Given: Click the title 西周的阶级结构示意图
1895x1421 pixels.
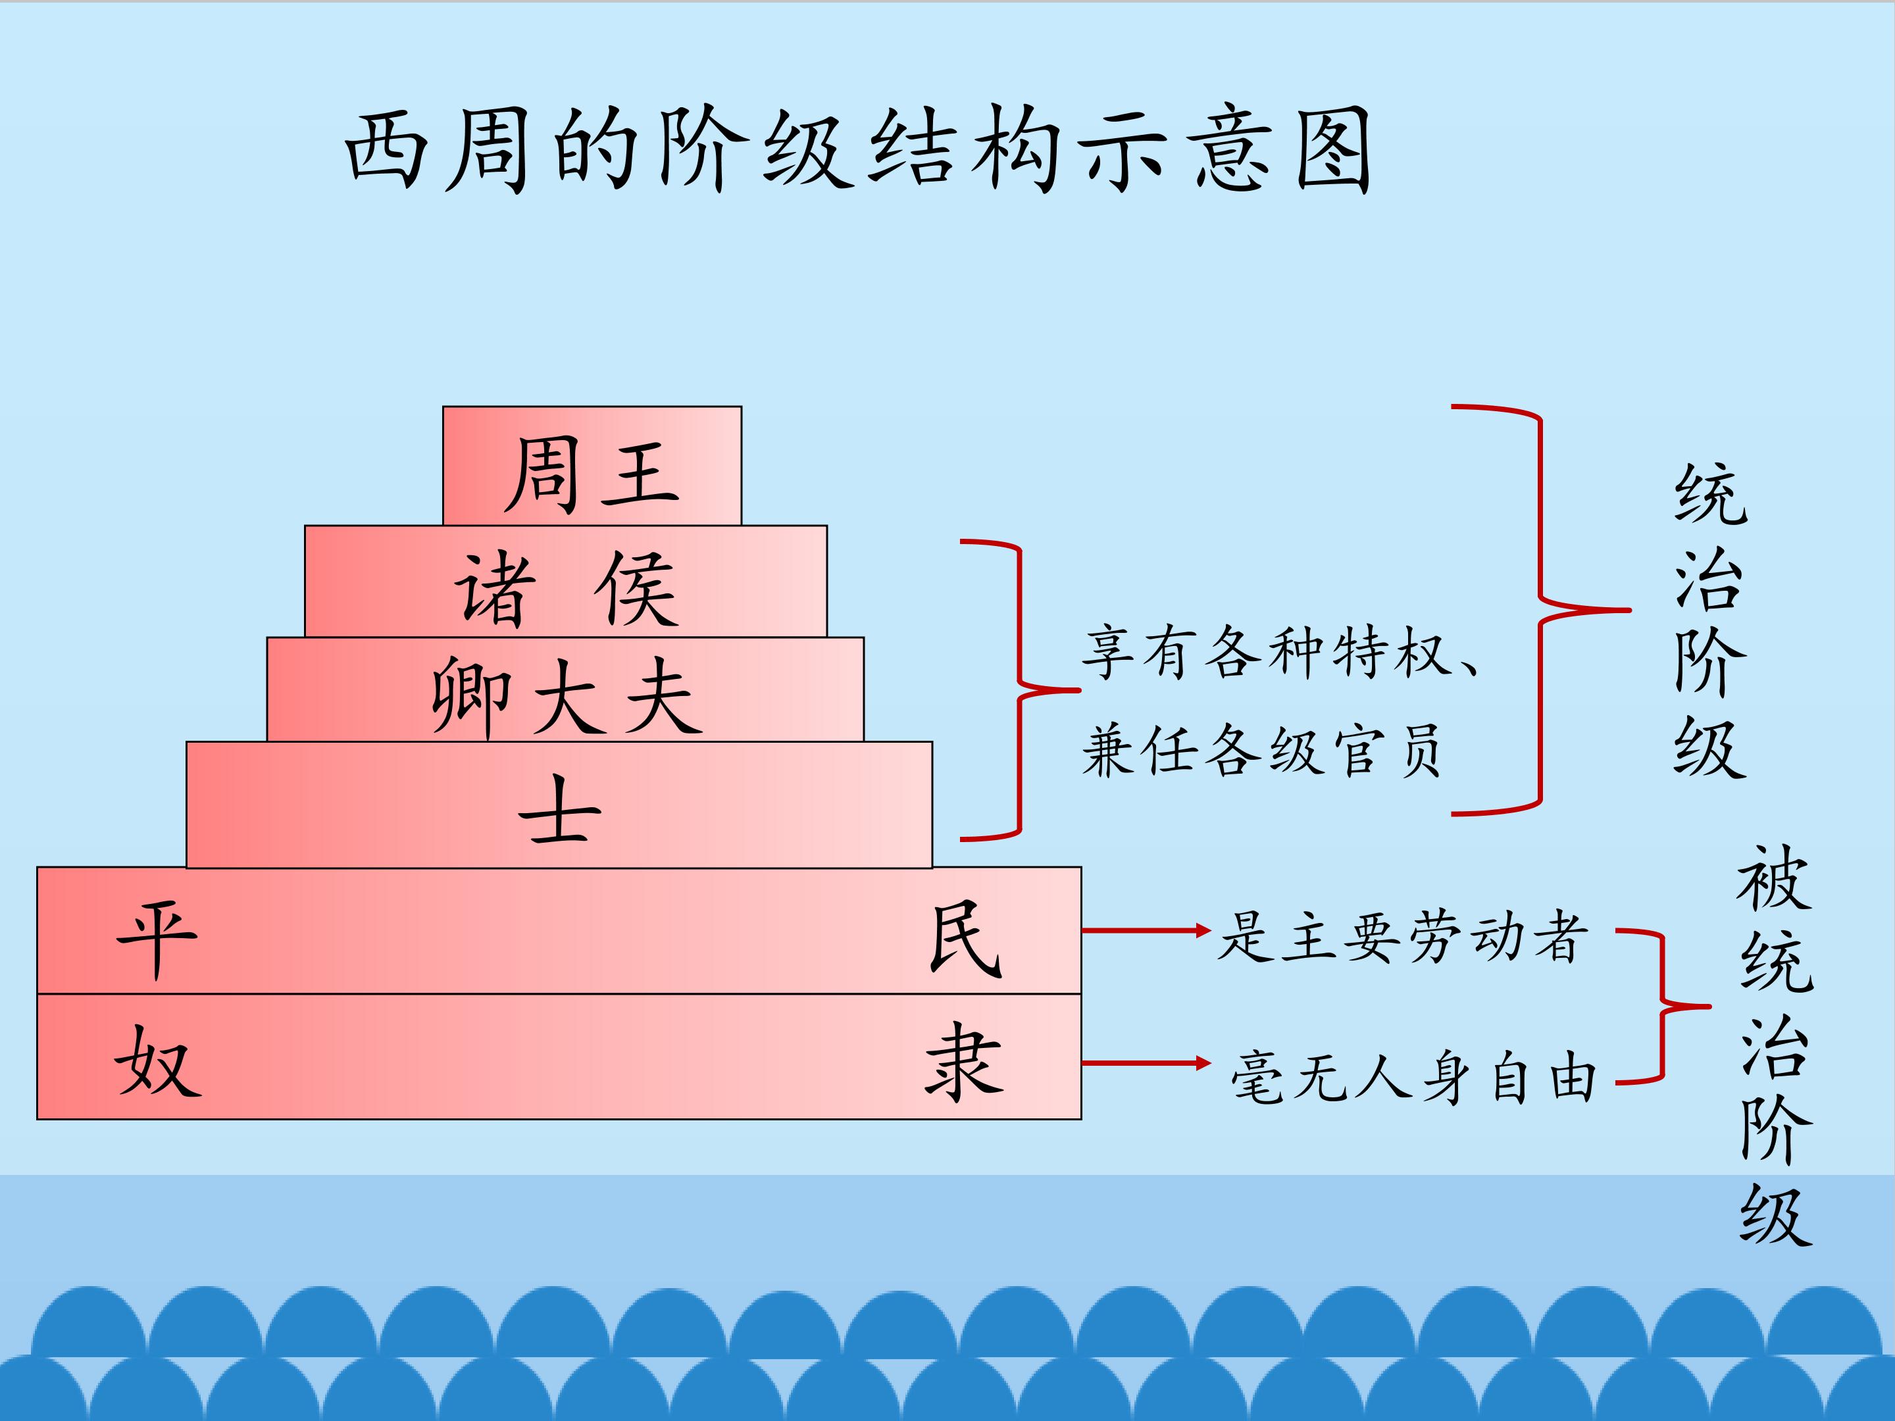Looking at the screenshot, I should coord(857,150).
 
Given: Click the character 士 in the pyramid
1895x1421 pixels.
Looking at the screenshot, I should coord(559,809).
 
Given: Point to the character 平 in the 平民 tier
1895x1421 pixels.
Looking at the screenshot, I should coord(157,938).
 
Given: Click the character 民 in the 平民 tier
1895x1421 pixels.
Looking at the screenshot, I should coord(965,938).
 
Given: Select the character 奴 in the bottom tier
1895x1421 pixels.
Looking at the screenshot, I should coord(157,1062).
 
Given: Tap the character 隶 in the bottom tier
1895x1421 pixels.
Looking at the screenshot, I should coord(965,1062).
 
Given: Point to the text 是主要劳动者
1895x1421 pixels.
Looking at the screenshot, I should coord(1402,936).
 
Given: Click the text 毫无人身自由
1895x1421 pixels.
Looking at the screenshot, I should coord(1413,1077).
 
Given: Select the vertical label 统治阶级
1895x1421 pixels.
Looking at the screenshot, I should coord(1709,621).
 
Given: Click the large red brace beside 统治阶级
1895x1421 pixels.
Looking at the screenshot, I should coord(1540,610).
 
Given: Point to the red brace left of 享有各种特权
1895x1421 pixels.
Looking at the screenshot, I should coord(1019,689).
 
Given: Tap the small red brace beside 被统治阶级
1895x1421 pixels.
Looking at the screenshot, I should coord(1662,1007).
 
